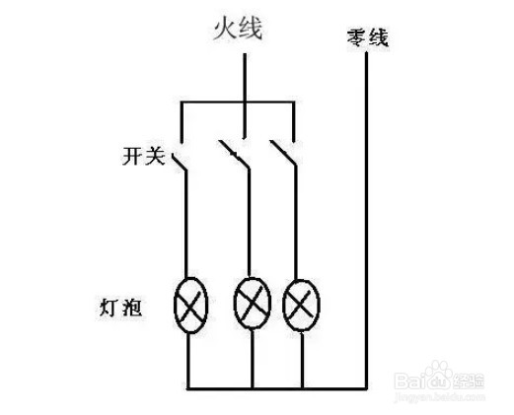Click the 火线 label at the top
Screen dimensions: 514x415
(239, 29)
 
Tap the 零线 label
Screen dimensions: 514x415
(368, 38)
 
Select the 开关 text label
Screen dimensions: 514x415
(144, 156)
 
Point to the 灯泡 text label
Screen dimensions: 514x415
(121, 308)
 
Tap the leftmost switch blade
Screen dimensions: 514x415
(180, 162)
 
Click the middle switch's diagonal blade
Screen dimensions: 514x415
(234, 155)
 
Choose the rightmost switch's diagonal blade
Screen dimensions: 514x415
(283, 154)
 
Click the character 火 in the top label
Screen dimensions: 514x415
(225, 29)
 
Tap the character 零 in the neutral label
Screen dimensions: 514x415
(357, 39)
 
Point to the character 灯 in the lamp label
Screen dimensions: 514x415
(109, 308)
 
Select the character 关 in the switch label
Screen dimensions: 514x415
(155, 156)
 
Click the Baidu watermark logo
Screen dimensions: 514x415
(439, 377)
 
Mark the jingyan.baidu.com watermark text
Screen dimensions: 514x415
(439, 397)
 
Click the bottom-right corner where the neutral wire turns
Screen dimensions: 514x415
(366, 388)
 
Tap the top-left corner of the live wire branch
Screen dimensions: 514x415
(182, 103)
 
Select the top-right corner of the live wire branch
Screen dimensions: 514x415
(294, 103)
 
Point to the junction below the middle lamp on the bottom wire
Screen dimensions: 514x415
(253, 388)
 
